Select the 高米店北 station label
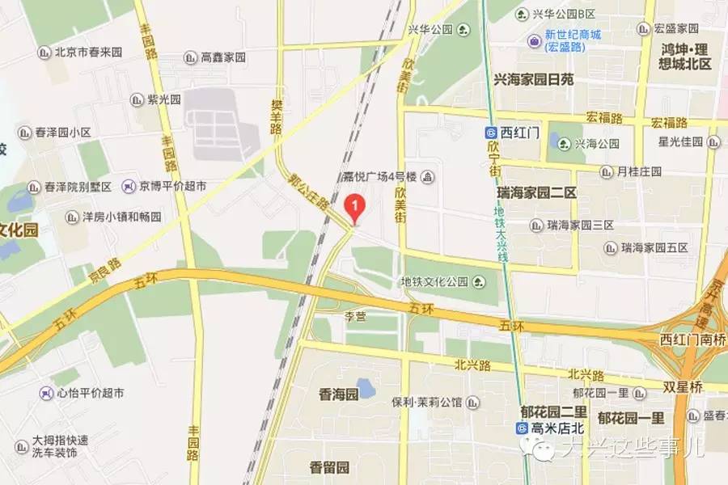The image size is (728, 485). pyautogui.click(x=545, y=428)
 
